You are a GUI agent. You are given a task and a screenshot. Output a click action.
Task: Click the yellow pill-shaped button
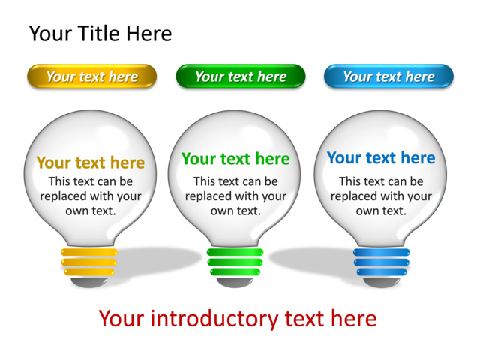coord(91,76)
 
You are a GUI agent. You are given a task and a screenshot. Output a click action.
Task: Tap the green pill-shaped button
coord(241,76)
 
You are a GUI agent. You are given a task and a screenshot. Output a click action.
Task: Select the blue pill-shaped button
coord(388,76)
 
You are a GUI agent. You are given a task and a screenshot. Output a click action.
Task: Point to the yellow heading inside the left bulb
coord(91,163)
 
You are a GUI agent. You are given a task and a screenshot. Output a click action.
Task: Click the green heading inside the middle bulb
coord(235,159)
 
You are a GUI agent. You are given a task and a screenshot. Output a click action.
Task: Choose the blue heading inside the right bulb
coord(381,158)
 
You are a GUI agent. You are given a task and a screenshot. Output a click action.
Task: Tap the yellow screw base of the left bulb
coord(89,262)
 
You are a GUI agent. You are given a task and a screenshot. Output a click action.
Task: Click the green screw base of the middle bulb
coord(235,262)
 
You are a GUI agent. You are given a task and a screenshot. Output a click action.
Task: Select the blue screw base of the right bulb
coord(382,262)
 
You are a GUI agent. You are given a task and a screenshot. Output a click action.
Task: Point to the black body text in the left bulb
coord(91,196)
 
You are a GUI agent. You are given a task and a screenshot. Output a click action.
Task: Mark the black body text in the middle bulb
coord(235,196)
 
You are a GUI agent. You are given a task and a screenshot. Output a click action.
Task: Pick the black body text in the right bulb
coord(381,196)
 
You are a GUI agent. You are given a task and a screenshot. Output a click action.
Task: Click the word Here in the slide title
coord(149,34)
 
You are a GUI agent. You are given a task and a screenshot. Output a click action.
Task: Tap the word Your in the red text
coord(121,319)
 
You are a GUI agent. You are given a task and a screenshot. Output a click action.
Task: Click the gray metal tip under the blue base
coord(382,283)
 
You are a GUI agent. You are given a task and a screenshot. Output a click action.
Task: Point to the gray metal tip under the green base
coord(235,283)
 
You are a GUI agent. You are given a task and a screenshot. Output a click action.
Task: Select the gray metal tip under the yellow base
coord(89,283)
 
